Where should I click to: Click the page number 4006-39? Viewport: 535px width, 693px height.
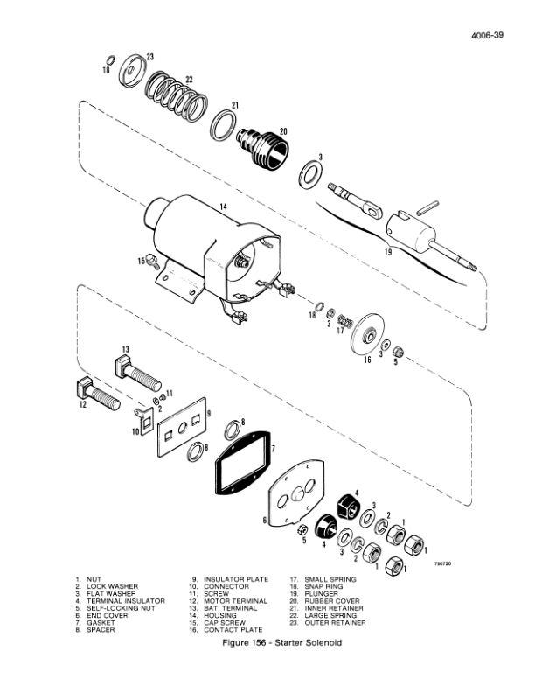[488, 36]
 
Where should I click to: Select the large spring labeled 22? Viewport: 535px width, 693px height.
[178, 96]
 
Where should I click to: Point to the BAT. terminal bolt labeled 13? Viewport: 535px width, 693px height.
[137, 373]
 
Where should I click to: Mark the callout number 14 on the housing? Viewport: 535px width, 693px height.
[224, 206]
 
